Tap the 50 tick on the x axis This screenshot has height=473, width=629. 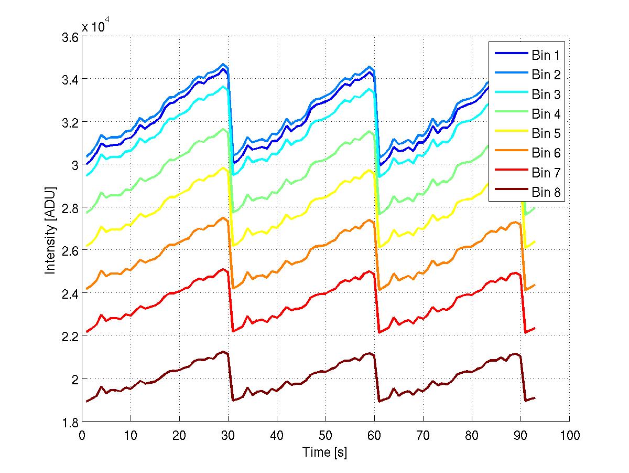click(x=326, y=435)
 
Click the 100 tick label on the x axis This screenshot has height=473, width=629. click(x=569, y=435)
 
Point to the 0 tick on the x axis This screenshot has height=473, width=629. click(x=82, y=435)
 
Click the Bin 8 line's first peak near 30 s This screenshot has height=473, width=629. click(x=224, y=352)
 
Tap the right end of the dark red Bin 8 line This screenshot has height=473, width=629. click(x=535, y=398)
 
